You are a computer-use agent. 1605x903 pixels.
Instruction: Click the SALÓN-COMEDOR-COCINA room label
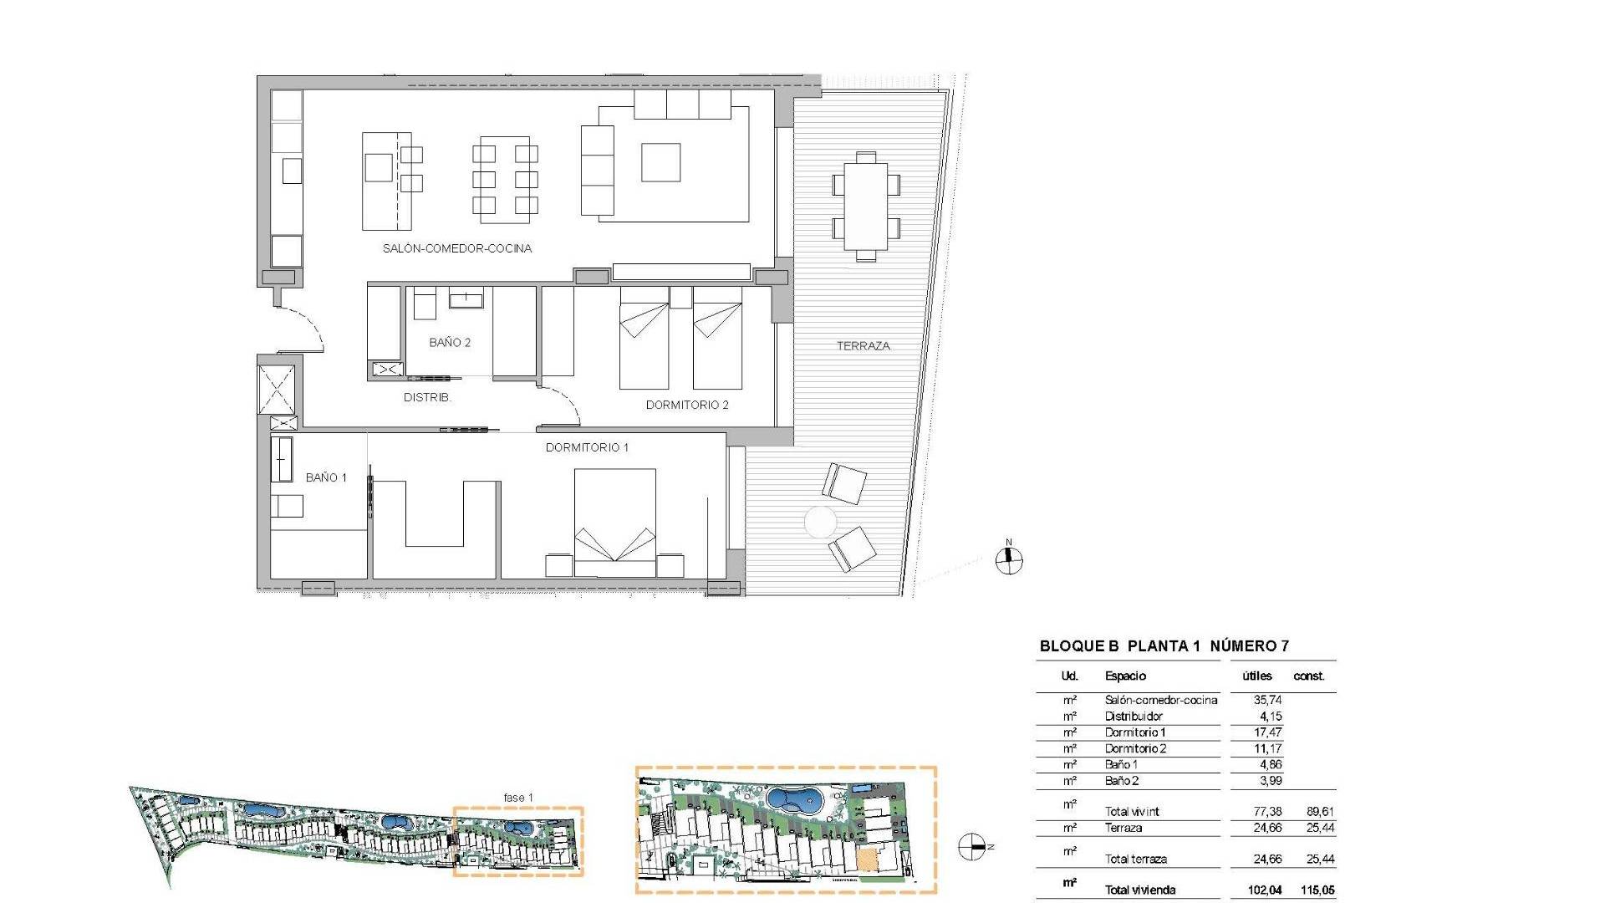coord(457,248)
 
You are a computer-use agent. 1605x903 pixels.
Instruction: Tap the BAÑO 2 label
coord(450,342)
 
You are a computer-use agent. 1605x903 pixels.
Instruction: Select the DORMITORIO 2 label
coord(687,405)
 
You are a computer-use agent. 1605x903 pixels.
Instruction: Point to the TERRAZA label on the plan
coord(864,345)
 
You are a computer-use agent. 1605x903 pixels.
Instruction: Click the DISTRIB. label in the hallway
coord(427,397)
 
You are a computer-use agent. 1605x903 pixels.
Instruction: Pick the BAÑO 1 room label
coord(326,477)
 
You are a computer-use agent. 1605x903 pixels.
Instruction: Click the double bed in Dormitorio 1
coord(614,523)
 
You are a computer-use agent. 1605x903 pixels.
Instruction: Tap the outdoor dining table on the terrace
coord(867,206)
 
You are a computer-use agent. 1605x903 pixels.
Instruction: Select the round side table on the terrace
coord(820,523)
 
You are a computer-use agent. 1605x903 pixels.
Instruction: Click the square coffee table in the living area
coord(660,162)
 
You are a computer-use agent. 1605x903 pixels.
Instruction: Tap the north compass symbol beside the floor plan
coord(1009,560)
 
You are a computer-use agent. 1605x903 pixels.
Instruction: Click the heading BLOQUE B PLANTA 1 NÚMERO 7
coord(1164,645)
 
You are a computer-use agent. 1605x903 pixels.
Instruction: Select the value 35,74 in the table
coord(1267,700)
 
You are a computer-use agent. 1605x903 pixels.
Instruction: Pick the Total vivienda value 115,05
coord(1315,890)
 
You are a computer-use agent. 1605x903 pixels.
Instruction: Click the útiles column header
coord(1257,676)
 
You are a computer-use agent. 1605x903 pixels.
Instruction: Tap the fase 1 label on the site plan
coord(518,798)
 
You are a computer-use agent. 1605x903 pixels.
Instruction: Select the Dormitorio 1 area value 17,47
coord(1267,732)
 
